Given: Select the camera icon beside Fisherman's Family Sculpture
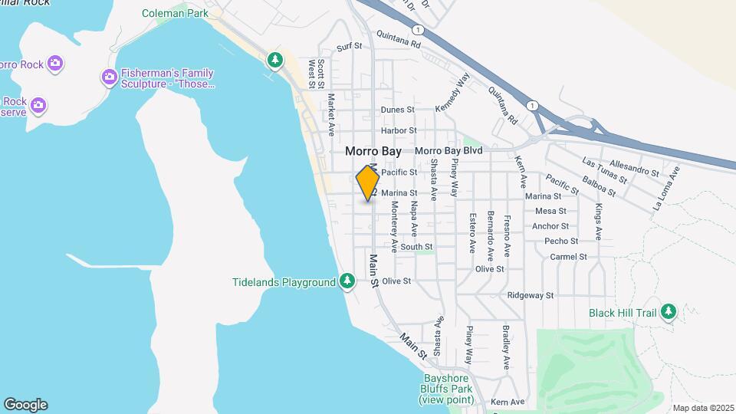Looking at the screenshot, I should click(x=109, y=77).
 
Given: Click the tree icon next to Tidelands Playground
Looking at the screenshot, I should click(x=347, y=281).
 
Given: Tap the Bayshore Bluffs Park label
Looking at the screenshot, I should click(x=449, y=389).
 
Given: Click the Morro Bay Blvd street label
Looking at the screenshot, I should click(x=449, y=151).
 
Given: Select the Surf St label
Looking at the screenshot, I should click(x=349, y=47).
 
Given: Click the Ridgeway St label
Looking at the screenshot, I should click(x=531, y=295).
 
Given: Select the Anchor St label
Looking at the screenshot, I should click(x=550, y=226).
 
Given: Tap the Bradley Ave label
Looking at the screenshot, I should click(x=506, y=347).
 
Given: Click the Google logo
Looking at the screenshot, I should click(x=25, y=405).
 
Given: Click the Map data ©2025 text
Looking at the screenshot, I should click(x=702, y=408).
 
